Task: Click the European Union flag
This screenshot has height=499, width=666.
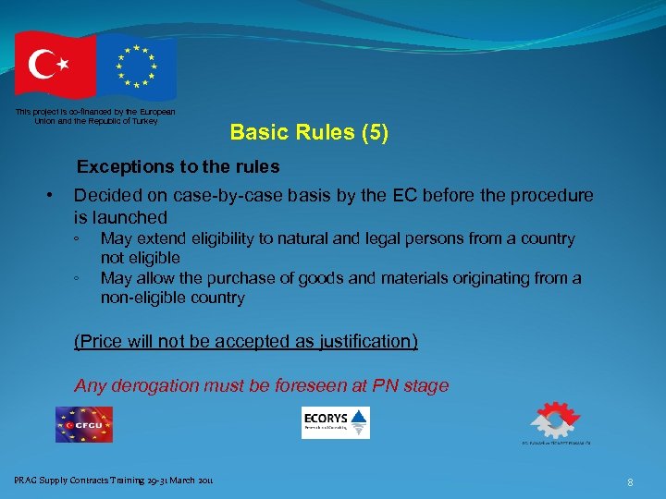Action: pyautogui.click(x=137, y=66)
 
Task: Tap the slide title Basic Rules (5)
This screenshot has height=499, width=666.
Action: pyautogui.click(x=309, y=132)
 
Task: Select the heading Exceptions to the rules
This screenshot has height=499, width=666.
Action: pyautogui.click(x=178, y=167)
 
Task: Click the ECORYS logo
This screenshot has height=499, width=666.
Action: pyautogui.click(x=336, y=422)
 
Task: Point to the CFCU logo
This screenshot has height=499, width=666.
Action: pyautogui.click(x=83, y=424)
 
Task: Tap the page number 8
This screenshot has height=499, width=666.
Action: pyautogui.click(x=630, y=481)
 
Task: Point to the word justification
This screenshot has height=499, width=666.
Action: pyautogui.click(x=364, y=341)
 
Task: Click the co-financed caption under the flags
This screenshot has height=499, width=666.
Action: pyautogui.click(x=95, y=116)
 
